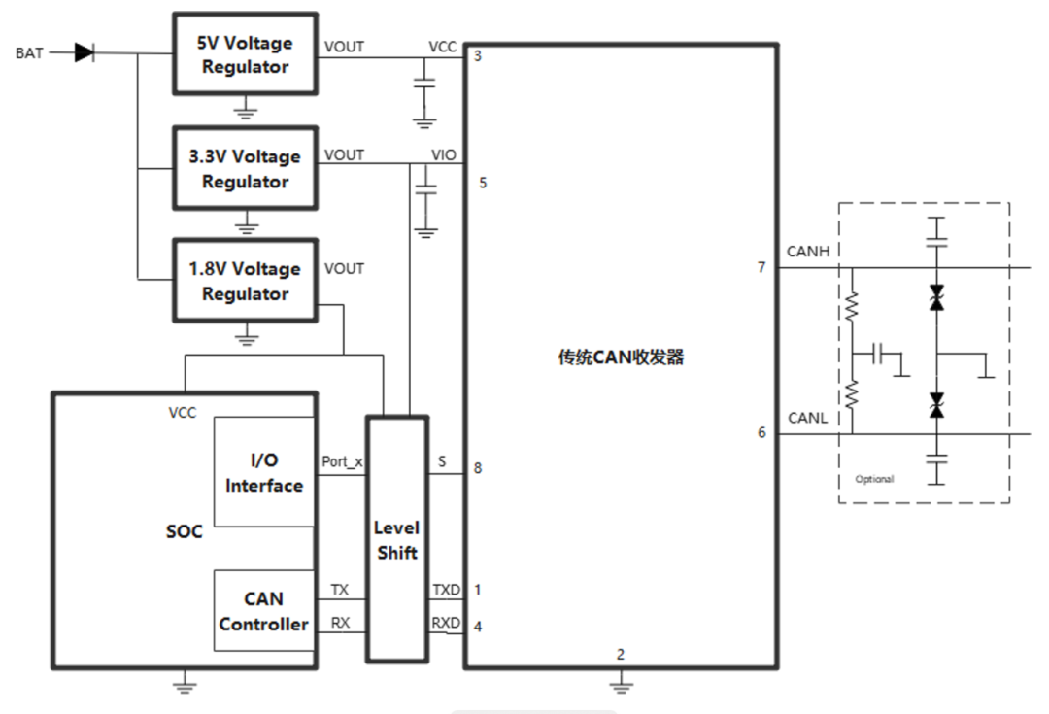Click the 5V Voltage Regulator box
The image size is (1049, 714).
[245, 54]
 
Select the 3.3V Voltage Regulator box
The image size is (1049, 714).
[245, 168]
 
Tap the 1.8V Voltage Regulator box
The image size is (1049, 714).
[245, 281]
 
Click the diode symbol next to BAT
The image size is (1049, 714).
[85, 52]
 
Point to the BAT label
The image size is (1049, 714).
[29, 53]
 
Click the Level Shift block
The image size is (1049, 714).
[396, 540]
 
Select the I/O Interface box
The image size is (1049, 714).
[263, 472]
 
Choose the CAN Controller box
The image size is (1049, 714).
[263, 611]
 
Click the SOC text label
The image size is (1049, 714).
[185, 532]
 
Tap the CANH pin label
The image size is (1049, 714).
[807, 253]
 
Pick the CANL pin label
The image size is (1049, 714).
[807, 419]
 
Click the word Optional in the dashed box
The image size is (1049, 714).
[874, 479]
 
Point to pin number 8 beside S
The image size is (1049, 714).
[478, 467]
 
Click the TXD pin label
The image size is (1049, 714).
[447, 590]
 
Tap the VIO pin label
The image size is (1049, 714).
[443, 155]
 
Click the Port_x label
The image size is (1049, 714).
[342, 462]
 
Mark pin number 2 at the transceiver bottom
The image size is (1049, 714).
[621, 654]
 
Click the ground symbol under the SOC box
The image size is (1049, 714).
[185, 685]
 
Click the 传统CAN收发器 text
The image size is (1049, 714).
[621, 357]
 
